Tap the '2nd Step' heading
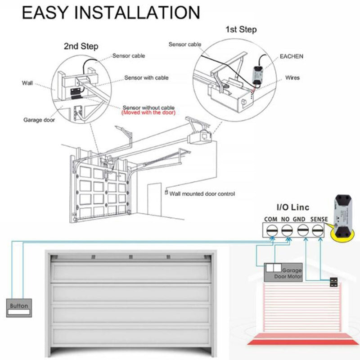tap(81, 46)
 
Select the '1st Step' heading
tap(241, 30)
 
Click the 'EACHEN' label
tap(292, 56)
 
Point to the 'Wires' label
tap(292, 78)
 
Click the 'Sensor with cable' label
tap(146, 78)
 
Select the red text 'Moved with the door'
tap(148, 113)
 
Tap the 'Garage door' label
tap(39, 120)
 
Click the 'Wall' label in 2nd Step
tap(27, 83)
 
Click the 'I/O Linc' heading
tap(293, 208)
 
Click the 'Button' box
tap(19, 306)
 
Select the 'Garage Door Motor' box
tap(283, 271)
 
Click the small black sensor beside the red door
tap(333, 283)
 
